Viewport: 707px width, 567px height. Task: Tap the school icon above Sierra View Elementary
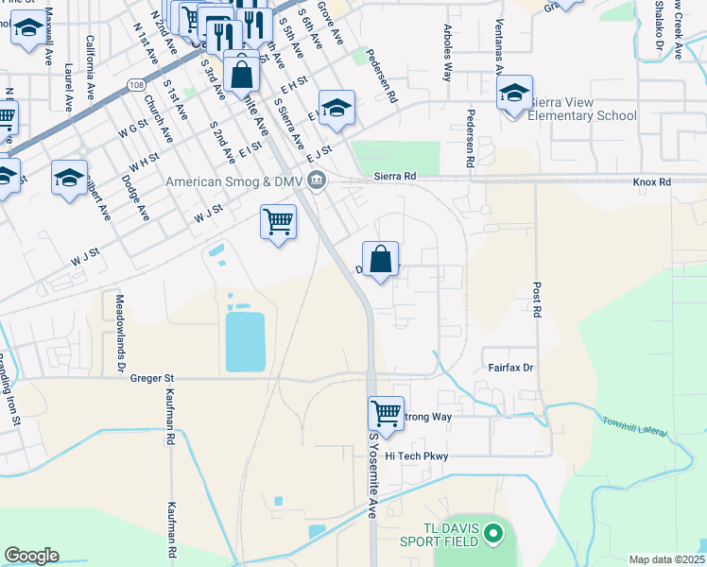(x=514, y=94)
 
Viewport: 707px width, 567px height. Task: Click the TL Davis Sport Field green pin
(x=491, y=536)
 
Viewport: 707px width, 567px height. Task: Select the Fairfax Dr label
(x=510, y=367)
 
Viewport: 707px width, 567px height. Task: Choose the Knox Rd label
(x=652, y=181)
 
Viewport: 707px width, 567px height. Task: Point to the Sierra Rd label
(x=395, y=176)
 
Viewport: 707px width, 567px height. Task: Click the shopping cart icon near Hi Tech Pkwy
(x=386, y=412)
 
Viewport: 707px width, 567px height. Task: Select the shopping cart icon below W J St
(x=278, y=221)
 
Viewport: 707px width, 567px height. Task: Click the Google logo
(x=31, y=556)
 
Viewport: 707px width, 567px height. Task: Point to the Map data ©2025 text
(x=666, y=559)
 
